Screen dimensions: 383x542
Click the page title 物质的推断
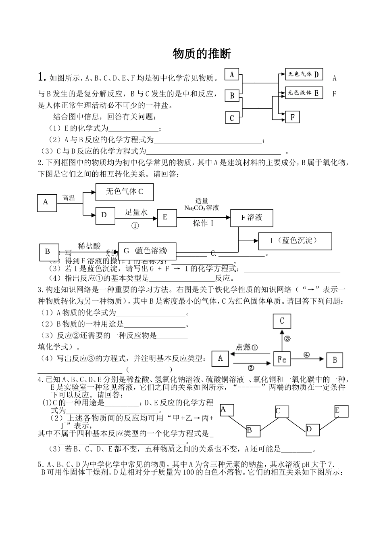202,54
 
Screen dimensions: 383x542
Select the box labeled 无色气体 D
304,74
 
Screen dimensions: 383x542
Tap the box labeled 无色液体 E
304,93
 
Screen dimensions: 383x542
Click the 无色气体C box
125,192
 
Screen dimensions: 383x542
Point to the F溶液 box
252,218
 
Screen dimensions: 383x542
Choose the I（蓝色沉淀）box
295,241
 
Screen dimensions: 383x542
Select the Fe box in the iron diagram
282,359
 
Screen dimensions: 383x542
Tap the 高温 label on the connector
69,198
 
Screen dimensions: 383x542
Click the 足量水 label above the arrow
136,212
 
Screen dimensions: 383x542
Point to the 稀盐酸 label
89,246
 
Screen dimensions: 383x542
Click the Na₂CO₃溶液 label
201,208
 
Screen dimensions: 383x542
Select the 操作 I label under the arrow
203,223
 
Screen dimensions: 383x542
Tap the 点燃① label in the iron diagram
247,347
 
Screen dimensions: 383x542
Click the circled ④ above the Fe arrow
306,355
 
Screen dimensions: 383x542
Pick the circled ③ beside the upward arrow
287,338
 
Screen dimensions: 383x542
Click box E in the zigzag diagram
341,411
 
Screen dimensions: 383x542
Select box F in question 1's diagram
293,117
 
